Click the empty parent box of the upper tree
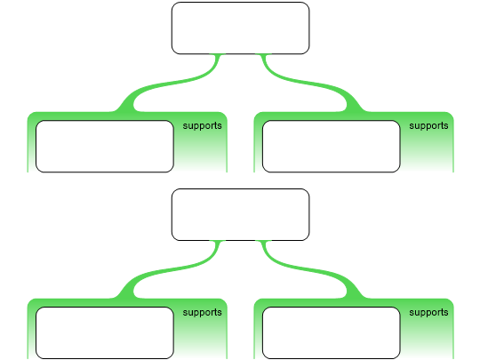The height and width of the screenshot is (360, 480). (240, 28)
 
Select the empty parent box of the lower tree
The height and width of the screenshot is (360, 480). (240, 214)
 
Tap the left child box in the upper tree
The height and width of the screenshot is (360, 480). (105, 147)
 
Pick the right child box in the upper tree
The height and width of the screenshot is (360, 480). (332, 147)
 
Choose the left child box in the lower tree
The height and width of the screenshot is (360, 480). (105, 332)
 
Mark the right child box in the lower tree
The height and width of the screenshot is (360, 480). (332, 332)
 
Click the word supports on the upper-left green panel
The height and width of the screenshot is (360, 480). (202, 126)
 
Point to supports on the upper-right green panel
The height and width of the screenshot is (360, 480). (428, 126)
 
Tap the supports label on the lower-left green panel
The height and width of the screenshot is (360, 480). (202, 312)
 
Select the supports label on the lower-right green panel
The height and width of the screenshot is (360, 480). (428, 312)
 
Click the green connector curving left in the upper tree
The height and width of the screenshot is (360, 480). (172, 83)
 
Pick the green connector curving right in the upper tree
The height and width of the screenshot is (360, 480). (309, 83)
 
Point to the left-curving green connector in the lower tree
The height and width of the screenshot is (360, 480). (172, 269)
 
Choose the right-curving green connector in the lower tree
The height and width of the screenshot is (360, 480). (309, 269)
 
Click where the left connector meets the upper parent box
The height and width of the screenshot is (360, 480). (218, 54)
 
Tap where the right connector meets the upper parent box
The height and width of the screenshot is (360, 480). (263, 54)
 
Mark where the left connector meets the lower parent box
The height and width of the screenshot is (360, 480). (218, 241)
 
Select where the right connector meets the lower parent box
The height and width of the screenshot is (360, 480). (263, 241)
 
